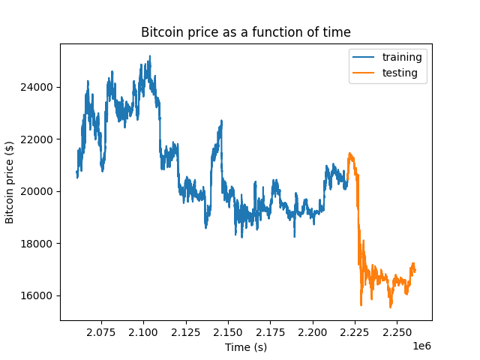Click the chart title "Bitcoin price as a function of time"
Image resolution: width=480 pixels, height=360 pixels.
pyautogui.click(x=246, y=32)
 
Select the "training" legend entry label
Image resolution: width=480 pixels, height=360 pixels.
pyautogui.click(x=402, y=57)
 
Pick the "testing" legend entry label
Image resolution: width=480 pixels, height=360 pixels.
pyautogui.click(x=400, y=73)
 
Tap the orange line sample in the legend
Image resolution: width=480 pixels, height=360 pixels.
pyautogui.click(x=365, y=73)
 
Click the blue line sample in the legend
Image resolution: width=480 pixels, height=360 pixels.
pyautogui.click(x=365, y=57)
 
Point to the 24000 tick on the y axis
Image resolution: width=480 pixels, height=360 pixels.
pyautogui.click(x=39, y=87)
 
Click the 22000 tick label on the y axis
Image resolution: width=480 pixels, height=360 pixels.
pyautogui.click(x=39, y=139)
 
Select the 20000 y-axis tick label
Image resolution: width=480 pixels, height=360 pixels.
pyautogui.click(x=39, y=191)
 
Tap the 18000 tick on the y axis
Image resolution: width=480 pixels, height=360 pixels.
pyautogui.click(x=39, y=243)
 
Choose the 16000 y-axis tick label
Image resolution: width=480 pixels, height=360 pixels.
pyautogui.click(x=39, y=295)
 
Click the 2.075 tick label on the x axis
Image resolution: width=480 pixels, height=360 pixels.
pyautogui.click(x=101, y=331)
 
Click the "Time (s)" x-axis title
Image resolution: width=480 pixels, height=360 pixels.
pyautogui.click(x=246, y=346)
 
